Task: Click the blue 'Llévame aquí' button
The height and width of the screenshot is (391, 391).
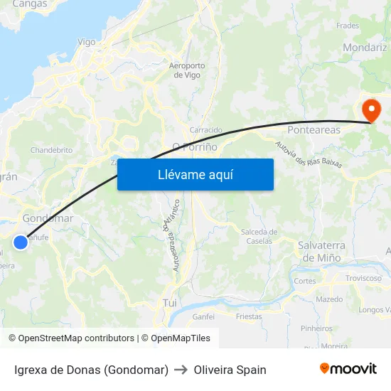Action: click(x=195, y=174)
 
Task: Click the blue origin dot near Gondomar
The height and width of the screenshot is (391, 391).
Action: click(x=21, y=242)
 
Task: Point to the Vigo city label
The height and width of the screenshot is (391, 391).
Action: click(x=86, y=42)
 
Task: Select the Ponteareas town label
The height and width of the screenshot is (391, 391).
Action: click(x=314, y=130)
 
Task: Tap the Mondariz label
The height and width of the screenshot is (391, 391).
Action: click(x=364, y=48)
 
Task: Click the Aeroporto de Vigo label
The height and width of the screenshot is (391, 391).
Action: click(x=187, y=70)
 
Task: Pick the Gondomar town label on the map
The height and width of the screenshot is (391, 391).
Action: click(x=48, y=218)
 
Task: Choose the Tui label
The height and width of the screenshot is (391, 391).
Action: click(x=170, y=302)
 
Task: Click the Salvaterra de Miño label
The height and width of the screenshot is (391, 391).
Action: click(x=321, y=251)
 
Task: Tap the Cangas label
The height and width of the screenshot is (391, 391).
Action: click(x=30, y=4)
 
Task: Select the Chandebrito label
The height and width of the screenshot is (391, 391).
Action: click(x=51, y=150)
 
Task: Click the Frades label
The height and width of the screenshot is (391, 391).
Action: click(x=348, y=26)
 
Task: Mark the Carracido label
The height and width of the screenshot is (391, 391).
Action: click(x=206, y=130)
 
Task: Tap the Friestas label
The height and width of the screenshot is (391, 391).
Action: click(x=249, y=316)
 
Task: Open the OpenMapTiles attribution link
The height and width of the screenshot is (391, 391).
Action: click(x=181, y=338)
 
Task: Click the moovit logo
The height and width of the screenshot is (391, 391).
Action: click(x=348, y=368)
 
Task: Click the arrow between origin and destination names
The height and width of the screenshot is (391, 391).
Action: click(x=181, y=370)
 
